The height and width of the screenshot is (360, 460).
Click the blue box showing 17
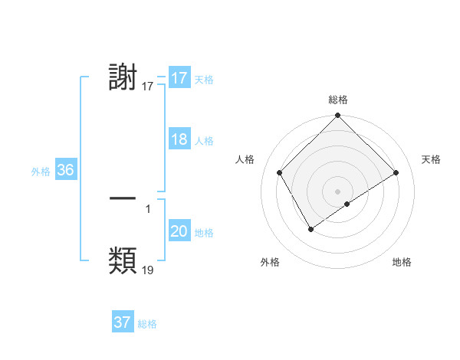pyautogui.click(x=179, y=78)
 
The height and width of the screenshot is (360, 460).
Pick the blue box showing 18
pyautogui.click(x=179, y=139)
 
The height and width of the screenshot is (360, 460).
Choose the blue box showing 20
pyautogui.click(x=179, y=231)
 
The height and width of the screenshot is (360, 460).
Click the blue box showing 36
pyautogui.click(x=65, y=170)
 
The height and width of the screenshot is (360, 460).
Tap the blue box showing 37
pyautogui.click(x=123, y=322)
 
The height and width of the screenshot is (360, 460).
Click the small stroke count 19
pyautogui.click(x=148, y=270)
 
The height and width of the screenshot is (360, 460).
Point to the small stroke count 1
pyautogui.click(x=148, y=208)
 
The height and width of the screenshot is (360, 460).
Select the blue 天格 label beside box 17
pyautogui.click(x=204, y=80)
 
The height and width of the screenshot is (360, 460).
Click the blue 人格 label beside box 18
pyautogui.click(x=204, y=141)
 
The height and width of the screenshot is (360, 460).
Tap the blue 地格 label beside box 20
pyautogui.click(x=204, y=233)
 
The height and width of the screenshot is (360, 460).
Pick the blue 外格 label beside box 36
pyautogui.click(x=41, y=172)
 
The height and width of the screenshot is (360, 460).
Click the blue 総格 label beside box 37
pyautogui.click(x=147, y=324)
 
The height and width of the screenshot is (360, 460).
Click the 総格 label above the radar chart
pyautogui.click(x=338, y=100)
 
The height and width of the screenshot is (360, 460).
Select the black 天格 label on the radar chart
pyautogui.click(x=431, y=159)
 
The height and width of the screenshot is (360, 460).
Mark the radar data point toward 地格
pyautogui.click(x=347, y=204)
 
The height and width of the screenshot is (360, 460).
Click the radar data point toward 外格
pyautogui.click(x=310, y=228)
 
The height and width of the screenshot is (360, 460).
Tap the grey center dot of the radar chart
pyautogui.click(x=337, y=191)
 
